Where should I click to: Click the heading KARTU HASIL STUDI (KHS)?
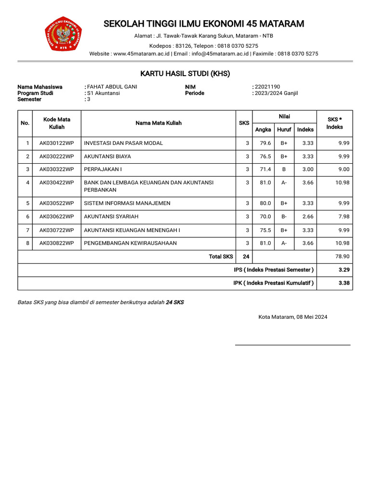pos(185,74)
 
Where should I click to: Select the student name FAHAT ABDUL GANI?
pos(112,87)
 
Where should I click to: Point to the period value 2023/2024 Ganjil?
pos(276,93)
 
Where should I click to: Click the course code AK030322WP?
pos(56,169)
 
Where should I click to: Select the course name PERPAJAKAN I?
pos(103,169)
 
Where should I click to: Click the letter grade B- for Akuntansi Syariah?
pos(284,217)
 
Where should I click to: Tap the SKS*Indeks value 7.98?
pos(344,217)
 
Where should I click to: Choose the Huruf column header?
pos(284,130)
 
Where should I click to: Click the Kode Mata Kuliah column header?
pos(56,123)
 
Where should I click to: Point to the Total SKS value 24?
pos(246,257)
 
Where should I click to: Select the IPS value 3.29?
pos(344,270)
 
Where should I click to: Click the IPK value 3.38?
pos(344,283)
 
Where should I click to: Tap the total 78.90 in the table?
pos(342,257)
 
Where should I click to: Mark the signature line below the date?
pos(292,345)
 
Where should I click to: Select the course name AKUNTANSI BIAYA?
pos(107,156)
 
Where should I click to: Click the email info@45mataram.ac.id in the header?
pos(220,54)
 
